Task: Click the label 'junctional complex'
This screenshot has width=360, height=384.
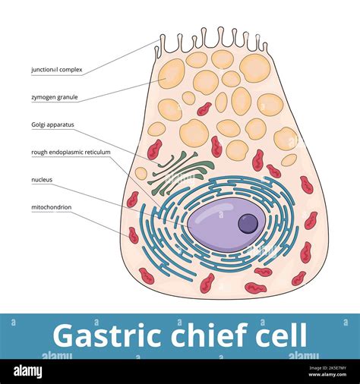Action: pyautogui.click(x=57, y=70)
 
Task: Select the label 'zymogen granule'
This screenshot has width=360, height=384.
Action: pyautogui.click(x=54, y=97)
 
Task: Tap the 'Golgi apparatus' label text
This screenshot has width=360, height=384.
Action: pyautogui.click(x=52, y=124)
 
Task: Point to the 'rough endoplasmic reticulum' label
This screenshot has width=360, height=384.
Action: pyautogui.click(x=71, y=152)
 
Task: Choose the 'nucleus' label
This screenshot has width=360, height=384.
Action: pyautogui.click(x=42, y=180)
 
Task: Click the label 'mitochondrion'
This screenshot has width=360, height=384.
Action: pyautogui.click(x=51, y=206)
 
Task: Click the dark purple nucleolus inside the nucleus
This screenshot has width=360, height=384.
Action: pyautogui.click(x=248, y=223)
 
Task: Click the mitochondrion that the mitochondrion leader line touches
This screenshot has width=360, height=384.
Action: pyautogui.click(x=134, y=235)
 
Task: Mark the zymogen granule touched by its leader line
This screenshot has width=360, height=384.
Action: pyautogui.click(x=172, y=74)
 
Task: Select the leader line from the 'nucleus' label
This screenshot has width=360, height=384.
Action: pyautogui.click(x=106, y=194)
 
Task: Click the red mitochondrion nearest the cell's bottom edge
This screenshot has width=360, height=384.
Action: pyautogui.click(x=255, y=288)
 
